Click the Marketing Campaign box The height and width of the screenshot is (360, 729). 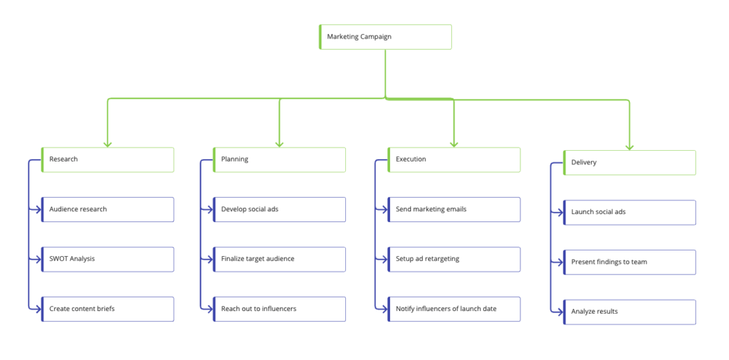385,37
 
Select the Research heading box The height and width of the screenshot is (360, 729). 107,159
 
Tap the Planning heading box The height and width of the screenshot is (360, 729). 279,159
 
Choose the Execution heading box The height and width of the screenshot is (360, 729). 454,159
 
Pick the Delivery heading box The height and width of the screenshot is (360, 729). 629,162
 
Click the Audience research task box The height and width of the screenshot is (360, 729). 107,209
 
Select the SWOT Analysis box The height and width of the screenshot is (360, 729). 107,259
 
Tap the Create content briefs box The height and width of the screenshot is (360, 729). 107,309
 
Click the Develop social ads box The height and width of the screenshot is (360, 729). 279,209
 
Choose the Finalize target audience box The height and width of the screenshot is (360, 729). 279,259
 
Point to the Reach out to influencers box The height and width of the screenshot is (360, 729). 279,309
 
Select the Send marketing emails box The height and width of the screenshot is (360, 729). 454,209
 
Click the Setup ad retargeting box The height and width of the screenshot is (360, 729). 454,259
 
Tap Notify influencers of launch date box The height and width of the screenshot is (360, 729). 454,309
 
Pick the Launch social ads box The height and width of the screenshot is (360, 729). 629,212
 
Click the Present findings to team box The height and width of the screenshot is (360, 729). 629,262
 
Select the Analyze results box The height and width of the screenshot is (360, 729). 629,312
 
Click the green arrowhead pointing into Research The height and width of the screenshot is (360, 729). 107,144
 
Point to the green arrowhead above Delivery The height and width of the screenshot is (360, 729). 629,147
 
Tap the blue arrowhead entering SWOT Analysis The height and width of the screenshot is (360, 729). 38,259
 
